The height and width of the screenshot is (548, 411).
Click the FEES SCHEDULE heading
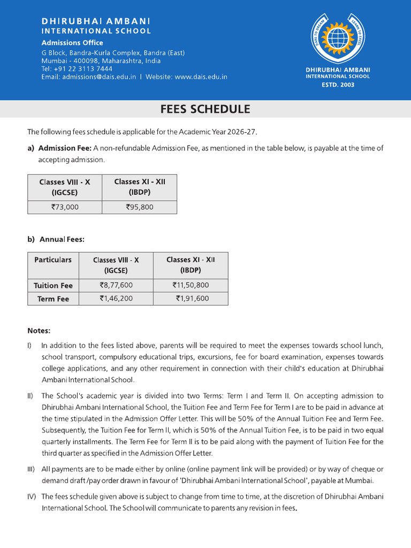click(205, 109)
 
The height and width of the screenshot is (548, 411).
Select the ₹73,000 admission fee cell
click(65, 207)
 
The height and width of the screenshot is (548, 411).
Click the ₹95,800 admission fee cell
click(139, 207)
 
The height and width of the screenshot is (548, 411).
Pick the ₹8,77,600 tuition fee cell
click(116, 285)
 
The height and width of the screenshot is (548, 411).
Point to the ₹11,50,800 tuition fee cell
click(191, 285)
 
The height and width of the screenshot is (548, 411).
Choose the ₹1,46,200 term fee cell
click(116, 299)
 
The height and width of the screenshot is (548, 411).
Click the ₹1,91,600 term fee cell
click(191, 299)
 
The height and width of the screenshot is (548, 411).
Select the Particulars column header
click(53, 260)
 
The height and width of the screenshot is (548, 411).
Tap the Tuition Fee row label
click(53, 286)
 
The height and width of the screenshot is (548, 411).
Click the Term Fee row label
click(53, 299)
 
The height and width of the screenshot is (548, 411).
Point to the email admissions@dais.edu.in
click(99, 77)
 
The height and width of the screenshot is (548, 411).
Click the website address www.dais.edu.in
click(201, 77)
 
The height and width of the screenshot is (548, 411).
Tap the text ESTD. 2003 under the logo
click(337, 85)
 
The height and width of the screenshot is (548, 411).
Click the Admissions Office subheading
click(72, 43)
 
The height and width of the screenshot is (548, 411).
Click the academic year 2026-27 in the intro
click(246, 132)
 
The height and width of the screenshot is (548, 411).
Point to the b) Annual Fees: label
click(56, 240)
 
